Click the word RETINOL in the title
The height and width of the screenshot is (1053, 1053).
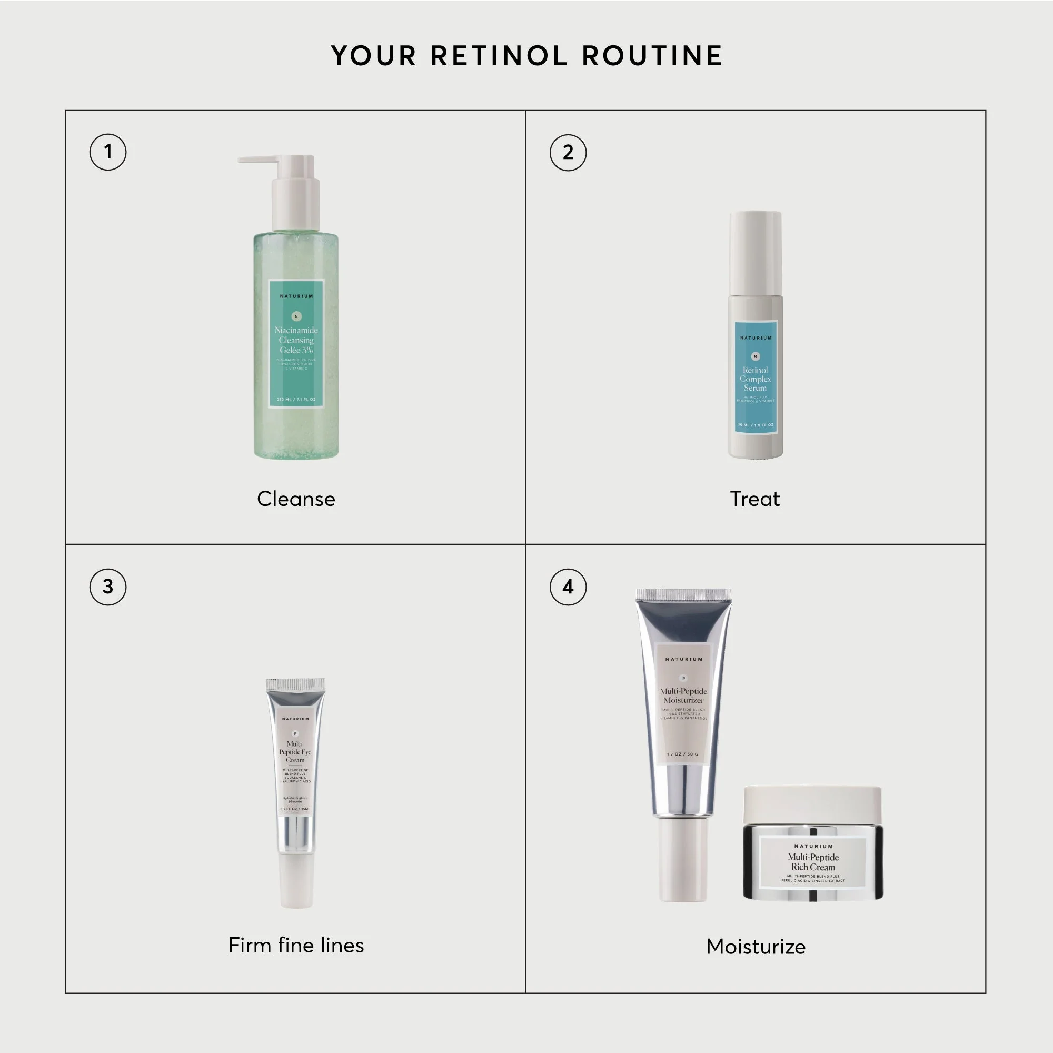coord(499,56)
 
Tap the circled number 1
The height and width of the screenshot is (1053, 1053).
coord(108,152)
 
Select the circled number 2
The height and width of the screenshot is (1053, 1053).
coord(568,152)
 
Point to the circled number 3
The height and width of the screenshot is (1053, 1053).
coord(108,587)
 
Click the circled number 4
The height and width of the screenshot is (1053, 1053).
coord(568,587)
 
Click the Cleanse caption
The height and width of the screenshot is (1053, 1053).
coord(296,499)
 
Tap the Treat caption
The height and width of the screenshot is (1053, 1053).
coord(755,499)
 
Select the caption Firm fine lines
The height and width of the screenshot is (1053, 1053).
coord(296,945)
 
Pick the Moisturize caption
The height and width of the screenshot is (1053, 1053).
coord(756,946)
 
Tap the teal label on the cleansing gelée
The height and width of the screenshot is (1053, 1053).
coord(296,343)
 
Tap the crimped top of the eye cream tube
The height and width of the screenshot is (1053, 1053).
coord(295,684)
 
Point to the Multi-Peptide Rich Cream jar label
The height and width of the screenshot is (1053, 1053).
coord(812,862)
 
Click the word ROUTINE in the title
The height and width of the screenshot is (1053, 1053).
coord(652,56)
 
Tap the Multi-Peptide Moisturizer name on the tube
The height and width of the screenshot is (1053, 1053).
coord(683,696)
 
